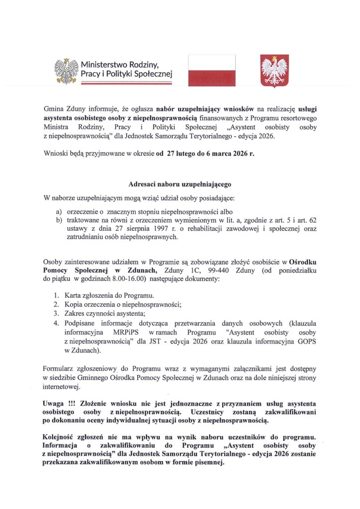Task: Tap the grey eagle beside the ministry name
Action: [66, 70]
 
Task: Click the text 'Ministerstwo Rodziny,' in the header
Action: [119, 64]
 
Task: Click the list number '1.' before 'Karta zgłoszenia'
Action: [57, 296]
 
